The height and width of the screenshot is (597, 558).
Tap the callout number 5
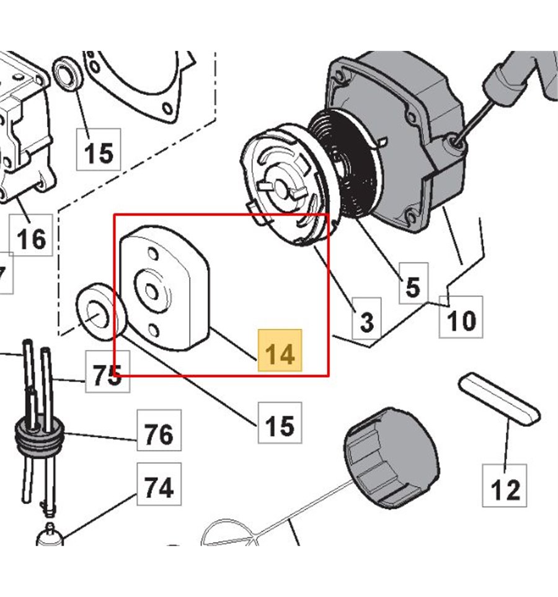(x=413, y=287)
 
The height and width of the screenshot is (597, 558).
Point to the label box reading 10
(x=461, y=320)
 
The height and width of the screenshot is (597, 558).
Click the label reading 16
(x=31, y=238)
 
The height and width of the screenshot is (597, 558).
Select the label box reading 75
(x=107, y=374)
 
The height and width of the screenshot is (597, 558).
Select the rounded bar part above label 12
(x=499, y=398)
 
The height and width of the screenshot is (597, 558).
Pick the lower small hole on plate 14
(x=154, y=329)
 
